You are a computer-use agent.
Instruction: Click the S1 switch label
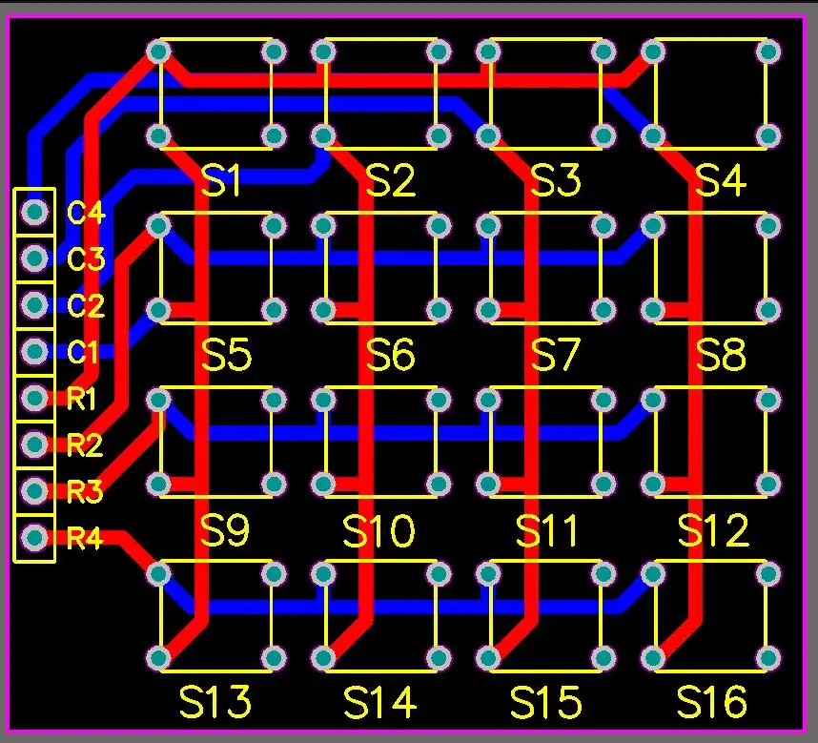click(220, 180)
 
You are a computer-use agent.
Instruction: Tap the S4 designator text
click(721, 180)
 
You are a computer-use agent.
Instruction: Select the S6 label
click(390, 355)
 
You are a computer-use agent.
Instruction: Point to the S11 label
click(546, 530)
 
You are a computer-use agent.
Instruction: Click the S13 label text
click(215, 702)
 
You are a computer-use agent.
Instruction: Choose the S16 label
click(711, 702)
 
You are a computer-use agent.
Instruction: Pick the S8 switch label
click(721, 355)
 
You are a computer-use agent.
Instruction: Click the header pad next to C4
click(34, 212)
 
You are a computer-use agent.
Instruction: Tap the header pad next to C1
click(34, 351)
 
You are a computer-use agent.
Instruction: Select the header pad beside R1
click(34, 398)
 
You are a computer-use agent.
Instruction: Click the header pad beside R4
click(34, 537)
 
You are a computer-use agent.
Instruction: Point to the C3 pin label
click(86, 258)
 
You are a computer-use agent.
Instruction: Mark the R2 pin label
click(85, 445)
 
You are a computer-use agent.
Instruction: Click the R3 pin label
click(85, 491)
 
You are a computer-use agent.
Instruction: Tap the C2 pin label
click(86, 305)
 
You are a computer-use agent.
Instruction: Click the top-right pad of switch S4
click(767, 52)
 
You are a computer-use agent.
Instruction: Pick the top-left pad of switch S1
click(158, 52)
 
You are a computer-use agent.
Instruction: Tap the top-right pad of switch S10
click(439, 401)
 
